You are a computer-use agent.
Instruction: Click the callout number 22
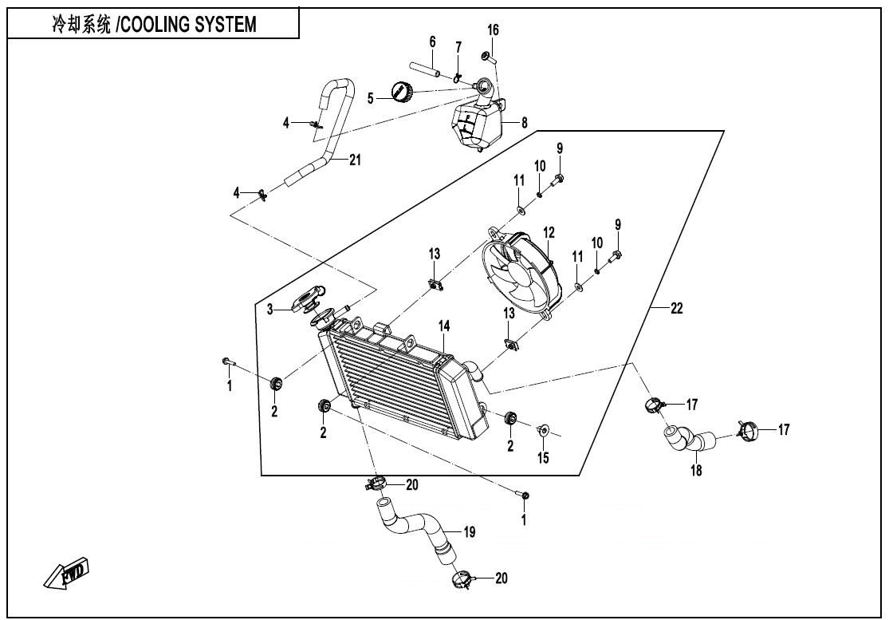coord(676,310)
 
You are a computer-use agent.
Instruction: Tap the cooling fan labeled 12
coord(521,271)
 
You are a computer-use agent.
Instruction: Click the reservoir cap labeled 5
coord(401,93)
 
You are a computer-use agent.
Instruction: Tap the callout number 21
coord(355,160)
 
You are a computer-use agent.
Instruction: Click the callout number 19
coord(470,531)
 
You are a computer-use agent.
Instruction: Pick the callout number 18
coord(696,472)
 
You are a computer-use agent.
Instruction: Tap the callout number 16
coord(494,30)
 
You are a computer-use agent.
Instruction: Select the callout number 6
coord(432,41)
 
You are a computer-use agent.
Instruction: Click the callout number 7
coord(458,47)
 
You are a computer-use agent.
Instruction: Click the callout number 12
coord(549,232)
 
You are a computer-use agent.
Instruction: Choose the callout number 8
coord(525,123)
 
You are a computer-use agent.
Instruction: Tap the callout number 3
coord(270,309)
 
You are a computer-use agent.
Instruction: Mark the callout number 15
coord(543,458)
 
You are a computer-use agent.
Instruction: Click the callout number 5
coord(370,98)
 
